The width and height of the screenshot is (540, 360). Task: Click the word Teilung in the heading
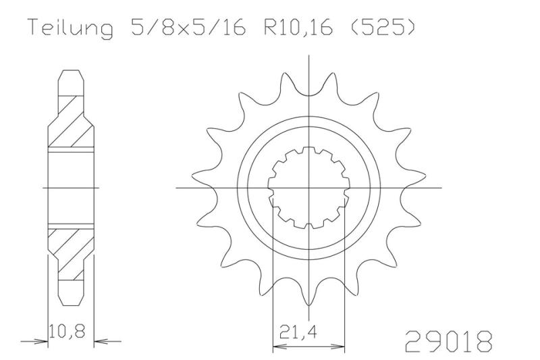point(70,27)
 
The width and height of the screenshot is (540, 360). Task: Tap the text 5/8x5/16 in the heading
point(188,27)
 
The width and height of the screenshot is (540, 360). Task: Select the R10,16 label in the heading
point(298,27)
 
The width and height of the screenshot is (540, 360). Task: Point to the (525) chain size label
point(382,27)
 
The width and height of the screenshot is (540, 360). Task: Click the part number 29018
point(448,340)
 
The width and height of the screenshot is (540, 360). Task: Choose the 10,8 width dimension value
point(66,331)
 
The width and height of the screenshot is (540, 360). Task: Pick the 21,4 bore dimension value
point(298,332)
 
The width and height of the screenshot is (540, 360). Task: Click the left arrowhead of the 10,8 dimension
point(41,342)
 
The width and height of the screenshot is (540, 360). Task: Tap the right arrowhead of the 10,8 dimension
point(101,342)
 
